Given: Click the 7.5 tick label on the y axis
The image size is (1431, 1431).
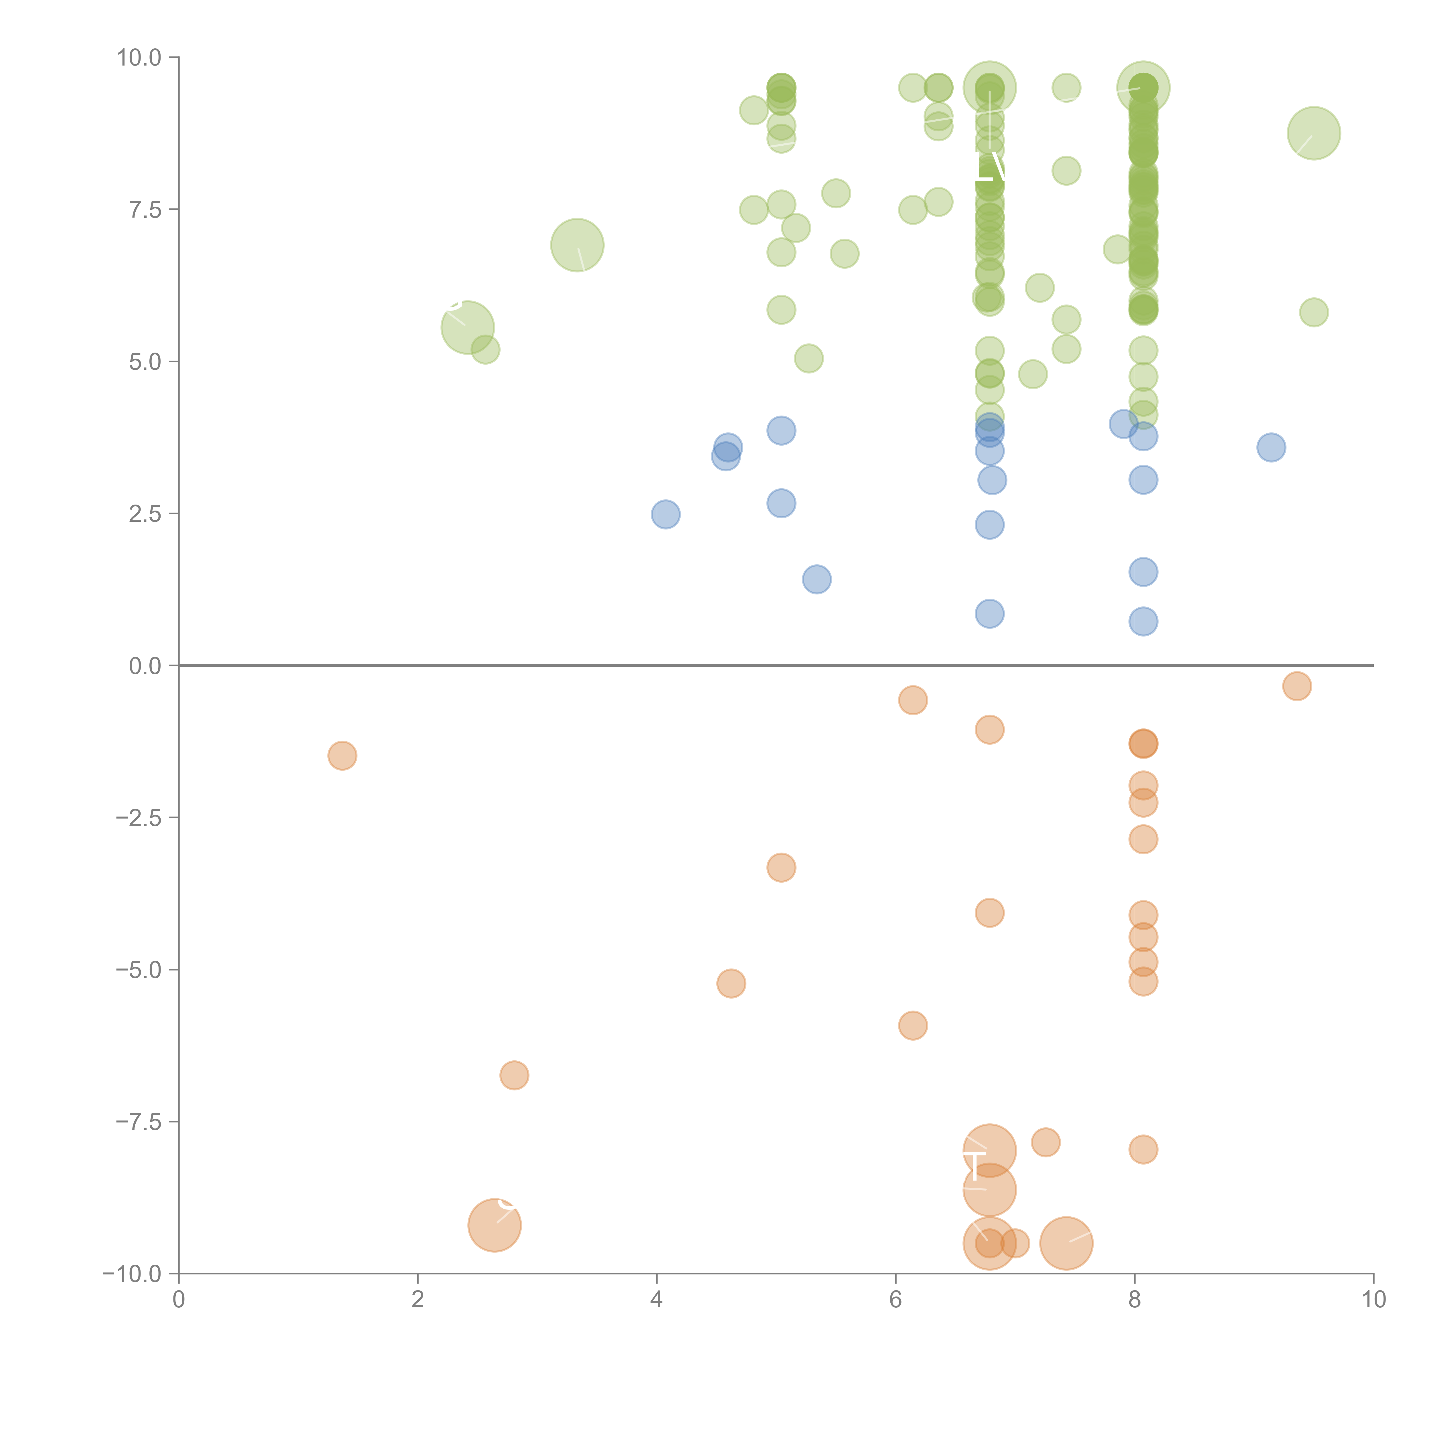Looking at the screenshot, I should coord(145,209).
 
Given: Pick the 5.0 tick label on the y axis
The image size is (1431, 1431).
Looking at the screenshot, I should coord(145,361).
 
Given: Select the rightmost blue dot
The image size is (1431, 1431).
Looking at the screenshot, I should coord(1271,447).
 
